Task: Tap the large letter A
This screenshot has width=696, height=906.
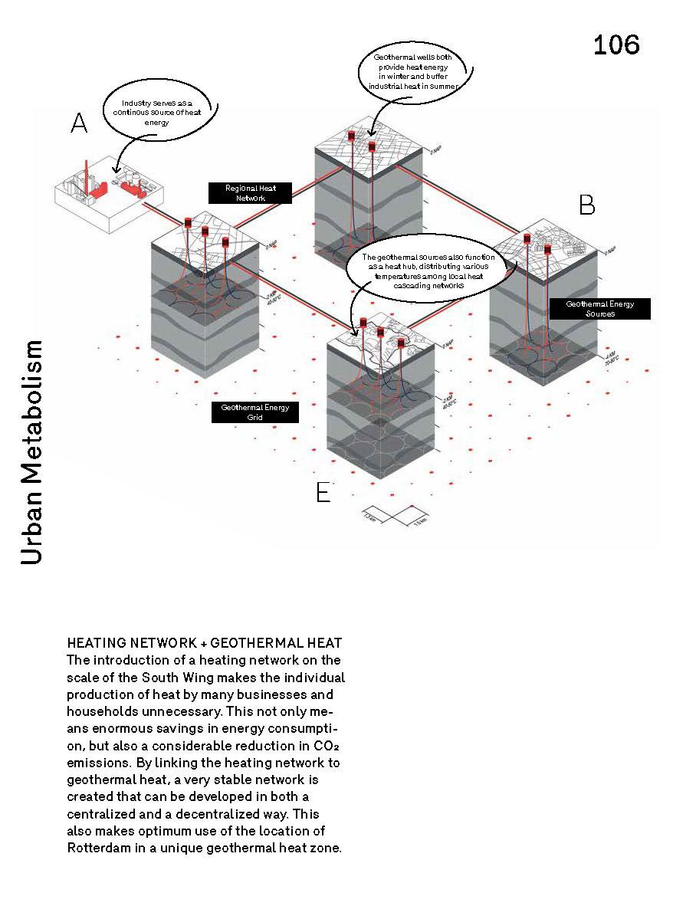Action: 79,123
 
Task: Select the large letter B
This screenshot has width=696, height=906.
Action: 586,205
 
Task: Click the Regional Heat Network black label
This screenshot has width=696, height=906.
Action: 251,192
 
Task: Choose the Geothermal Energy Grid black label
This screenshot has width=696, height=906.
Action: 254,412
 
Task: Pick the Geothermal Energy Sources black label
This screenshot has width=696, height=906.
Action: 599,309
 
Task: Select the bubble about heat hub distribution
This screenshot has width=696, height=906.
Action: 428,271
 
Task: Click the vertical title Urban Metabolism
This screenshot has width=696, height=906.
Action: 32,453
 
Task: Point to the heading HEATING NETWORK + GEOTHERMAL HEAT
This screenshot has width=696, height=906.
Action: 205,642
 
